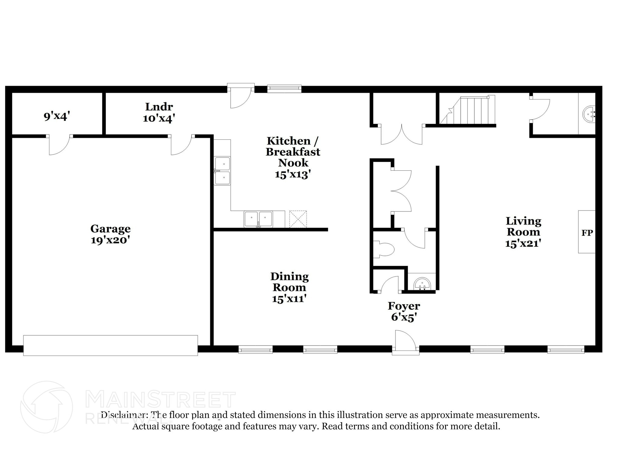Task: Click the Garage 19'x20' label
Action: (x=110, y=234)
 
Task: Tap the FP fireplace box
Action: (x=587, y=232)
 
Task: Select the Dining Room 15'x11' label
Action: (x=289, y=287)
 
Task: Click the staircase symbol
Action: (x=468, y=110)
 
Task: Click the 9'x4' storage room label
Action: (x=57, y=116)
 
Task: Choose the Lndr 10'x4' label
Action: (x=159, y=112)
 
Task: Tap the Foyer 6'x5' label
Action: (x=404, y=311)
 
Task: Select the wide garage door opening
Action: (x=110, y=345)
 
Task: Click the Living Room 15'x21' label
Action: (x=523, y=232)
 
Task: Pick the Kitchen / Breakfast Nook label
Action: (x=293, y=157)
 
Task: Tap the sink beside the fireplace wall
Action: (x=589, y=114)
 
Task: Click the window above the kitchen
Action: (x=284, y=89)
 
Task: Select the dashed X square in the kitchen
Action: (x=298, y=219)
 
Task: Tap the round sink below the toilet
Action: (x=422, y=284)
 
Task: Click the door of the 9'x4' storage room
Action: (x=59, y=145)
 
